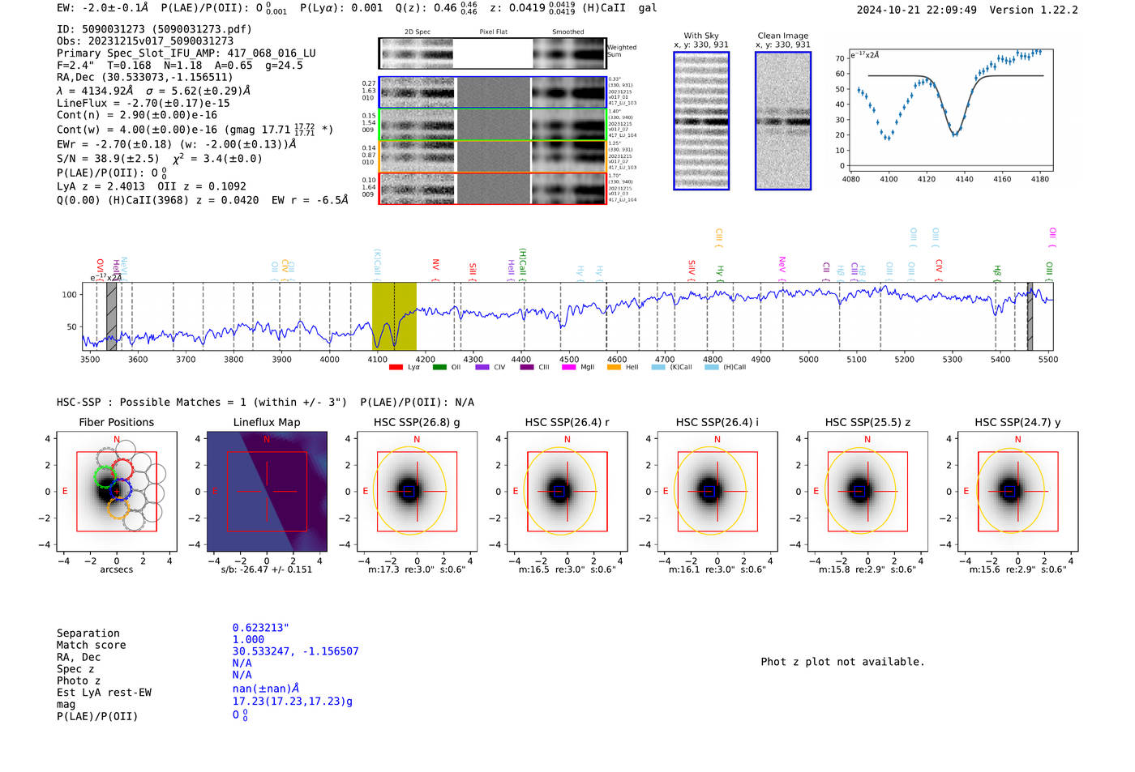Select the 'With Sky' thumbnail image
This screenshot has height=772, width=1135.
[x=701, y=121]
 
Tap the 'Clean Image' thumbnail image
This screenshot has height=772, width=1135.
[x=783, y=121]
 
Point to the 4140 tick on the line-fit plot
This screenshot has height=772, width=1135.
[x=964, y=179]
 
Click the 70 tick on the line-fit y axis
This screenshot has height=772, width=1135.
[x=840, y=58]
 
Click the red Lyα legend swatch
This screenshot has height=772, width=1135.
[x=396, y=368]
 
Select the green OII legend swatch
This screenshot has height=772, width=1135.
[x=439, y=368]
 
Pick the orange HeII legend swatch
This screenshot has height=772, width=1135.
[x=614, y=368]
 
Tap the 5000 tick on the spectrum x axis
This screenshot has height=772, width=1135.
[x=808, y=360]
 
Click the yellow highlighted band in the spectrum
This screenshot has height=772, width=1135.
[x=394, y=316]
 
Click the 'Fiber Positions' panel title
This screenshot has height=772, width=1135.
[x=116, y=422]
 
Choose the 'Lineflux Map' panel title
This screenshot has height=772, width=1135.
[x=267, y=422]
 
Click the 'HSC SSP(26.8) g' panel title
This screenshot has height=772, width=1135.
[x=417, y=422]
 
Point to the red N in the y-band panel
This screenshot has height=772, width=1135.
[x=1017, y=440]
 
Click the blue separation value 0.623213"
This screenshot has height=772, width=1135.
[x=260, y=628]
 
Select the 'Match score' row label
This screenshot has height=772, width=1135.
[x=91, y=646]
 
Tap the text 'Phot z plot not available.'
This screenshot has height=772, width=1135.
[x=842, y=662]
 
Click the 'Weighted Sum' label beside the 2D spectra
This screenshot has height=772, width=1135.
[x=621, y=51]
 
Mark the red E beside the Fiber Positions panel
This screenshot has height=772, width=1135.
[x=65, y=491]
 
